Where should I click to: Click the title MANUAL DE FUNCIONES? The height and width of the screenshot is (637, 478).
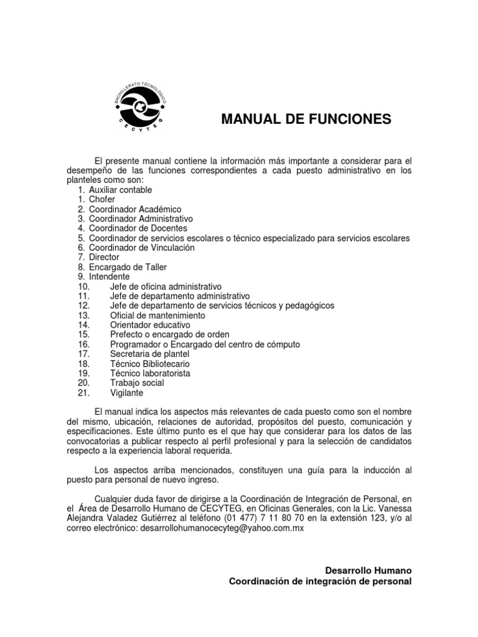(x=306, y=119)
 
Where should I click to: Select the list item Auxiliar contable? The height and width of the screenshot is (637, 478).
(x=120, y=190)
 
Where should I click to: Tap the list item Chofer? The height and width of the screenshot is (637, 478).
(x=102, y=200)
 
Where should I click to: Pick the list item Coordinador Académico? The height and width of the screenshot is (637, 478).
(x=134, y=210)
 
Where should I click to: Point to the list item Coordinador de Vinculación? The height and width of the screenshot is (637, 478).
(x=141, y=248)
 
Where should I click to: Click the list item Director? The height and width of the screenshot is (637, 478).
(x=104, y=257)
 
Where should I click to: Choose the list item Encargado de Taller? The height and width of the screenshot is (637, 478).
(x=124, y=267)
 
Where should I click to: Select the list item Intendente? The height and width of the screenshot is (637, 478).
(x=109, y=276)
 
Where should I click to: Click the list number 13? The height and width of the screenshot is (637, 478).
(x=85, y=315)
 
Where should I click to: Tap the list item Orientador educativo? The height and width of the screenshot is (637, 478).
(x=150, y=325)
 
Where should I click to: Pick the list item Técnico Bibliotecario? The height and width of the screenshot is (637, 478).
(x=150, y=363)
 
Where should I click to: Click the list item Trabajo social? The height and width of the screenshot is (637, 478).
(x=136, y=383)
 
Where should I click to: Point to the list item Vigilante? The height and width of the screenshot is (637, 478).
(x=126, y=393)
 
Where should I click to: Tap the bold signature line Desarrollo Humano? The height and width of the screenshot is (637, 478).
(x=368, y=570)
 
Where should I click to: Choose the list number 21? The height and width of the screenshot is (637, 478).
(x=85, y=393)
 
